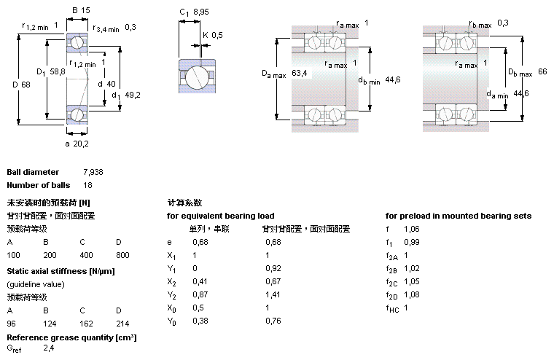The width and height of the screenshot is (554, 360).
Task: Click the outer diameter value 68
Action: tap(26, 85)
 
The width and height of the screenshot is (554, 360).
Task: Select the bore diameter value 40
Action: tap(111, 84)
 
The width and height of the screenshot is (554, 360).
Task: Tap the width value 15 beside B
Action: tap(85, 10)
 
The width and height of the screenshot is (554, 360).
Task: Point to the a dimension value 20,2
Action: tap(81, 144)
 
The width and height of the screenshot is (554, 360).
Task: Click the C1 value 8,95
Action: tap(200, 12)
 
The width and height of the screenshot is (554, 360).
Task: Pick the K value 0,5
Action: tap(217, 35)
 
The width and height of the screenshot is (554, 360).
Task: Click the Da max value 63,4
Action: tap(300, 73)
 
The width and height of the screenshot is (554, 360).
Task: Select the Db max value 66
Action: tap(542, 71)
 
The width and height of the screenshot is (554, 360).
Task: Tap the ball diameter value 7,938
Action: tap(93, 172)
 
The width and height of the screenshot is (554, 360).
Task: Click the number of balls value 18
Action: tap(87, 185)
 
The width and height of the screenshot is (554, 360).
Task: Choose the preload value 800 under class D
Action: tap(122, 255)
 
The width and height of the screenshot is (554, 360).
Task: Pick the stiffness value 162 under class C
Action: tap(86, 324)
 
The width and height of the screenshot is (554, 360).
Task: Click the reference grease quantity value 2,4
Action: tap(49, 348)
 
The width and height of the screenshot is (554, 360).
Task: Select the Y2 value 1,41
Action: tap(273, 294)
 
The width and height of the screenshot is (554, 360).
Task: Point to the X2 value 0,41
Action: tap(200, 281)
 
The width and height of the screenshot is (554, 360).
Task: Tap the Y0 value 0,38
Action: tap(200, 321)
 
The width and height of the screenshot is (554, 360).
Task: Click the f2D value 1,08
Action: tap(412, 294)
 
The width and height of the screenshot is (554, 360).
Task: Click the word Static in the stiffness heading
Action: tap(17, 271)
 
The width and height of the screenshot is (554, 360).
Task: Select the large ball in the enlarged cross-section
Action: tap(197, 77)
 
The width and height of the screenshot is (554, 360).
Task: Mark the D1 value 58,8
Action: tap(58, 71)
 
